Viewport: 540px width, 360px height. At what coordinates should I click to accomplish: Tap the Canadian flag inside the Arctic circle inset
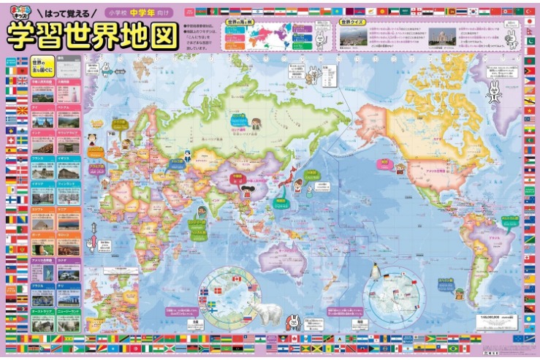[x=236, y=278]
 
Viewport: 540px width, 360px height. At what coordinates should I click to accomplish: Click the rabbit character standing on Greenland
[x=494, y=91]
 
